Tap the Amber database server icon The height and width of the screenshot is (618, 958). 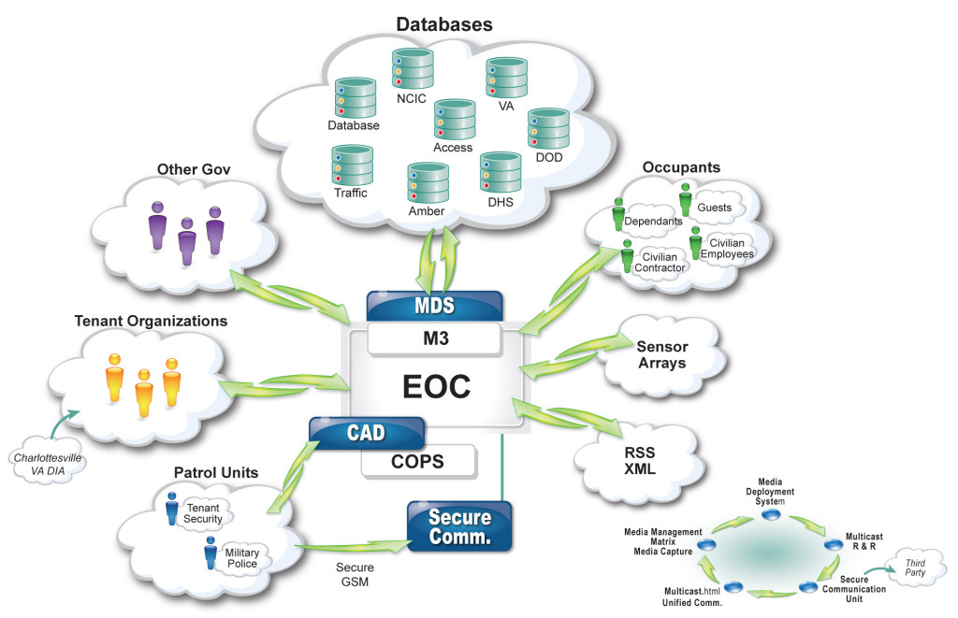[427, 182]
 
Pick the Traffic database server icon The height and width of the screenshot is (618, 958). [351, 165]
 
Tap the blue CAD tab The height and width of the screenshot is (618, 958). [367, 433]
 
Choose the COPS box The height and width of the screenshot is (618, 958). [417, 461]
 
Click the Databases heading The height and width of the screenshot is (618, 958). [443, 24]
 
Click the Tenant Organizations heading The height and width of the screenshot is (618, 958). [150, 321]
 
